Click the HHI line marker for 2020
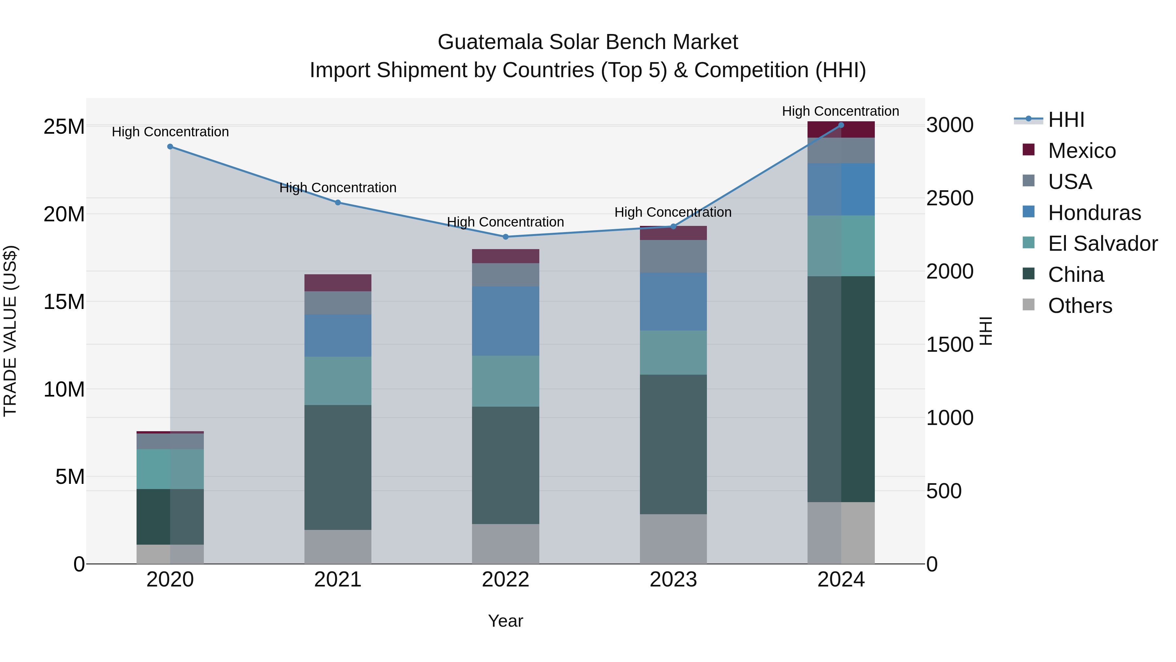(170, 147)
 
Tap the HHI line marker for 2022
(505, 237)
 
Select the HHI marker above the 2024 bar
(841, 125)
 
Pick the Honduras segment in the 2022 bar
(505, 321)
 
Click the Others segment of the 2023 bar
(673, 539)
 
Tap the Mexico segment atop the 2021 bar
(338, 282)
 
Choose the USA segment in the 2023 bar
(673, 256)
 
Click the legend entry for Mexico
(1082, 151)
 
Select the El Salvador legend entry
(1102, 244)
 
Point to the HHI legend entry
(1066, 120)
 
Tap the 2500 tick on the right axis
(950, 198)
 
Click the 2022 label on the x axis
(505, 580)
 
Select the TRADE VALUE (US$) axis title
(10, 331)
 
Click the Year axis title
(505, 621)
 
